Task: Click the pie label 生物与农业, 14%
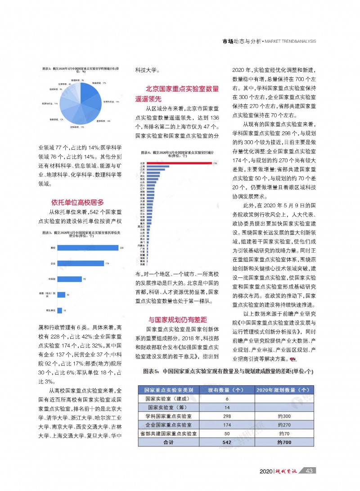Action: [111, 102]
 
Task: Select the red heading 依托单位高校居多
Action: [77, 202]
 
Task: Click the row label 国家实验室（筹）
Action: [167, 407]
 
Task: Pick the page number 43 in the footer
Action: [309, 471]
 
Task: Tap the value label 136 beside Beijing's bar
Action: [215, 163]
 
